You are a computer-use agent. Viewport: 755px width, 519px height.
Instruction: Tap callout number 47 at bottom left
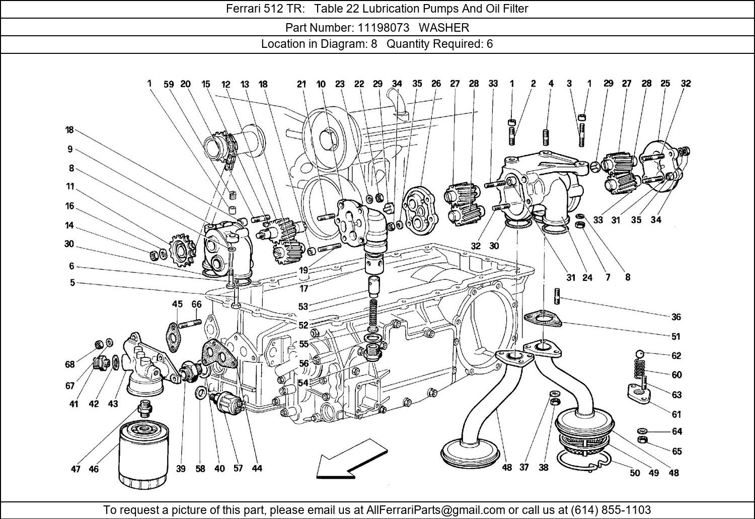[x=75, y=469]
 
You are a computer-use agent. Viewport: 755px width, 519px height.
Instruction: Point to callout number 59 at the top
[x=169, y=84]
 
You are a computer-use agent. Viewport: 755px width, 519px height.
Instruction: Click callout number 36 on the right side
[x=676, y=317]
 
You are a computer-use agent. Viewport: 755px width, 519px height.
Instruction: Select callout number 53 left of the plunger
[x=303, y=307]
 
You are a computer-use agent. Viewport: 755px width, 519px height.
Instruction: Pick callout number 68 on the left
[x=69, y=364]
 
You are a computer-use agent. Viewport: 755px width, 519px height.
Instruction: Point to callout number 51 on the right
[x=676, y=337]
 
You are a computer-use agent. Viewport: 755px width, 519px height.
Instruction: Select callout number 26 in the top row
[x=436, y=84]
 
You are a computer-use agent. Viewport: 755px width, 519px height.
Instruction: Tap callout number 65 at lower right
[x=676, y=451]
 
